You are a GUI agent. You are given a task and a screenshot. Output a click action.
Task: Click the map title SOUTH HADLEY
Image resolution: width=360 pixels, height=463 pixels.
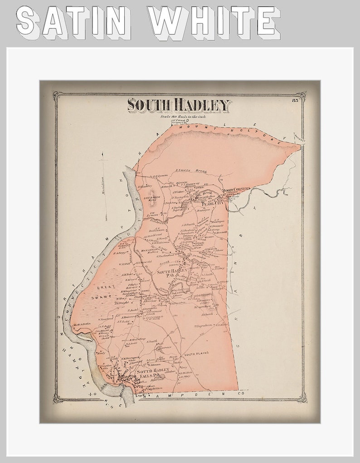(x=179, y=105)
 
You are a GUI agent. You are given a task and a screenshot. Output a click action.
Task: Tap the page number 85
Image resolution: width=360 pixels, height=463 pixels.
(x=296, y=100)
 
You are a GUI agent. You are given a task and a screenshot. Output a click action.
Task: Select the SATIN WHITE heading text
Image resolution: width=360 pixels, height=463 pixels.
(x=148, y=21)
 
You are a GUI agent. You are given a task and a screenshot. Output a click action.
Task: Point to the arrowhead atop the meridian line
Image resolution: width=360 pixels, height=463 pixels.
(x=104, y=154)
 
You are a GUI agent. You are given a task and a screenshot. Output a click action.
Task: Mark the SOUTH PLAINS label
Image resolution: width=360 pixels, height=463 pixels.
(x=195, y=353)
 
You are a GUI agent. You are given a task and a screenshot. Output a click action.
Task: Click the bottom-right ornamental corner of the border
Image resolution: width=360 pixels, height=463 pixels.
(x=302, y=399)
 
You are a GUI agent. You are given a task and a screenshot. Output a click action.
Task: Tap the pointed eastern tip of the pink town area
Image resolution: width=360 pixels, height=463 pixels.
(x=300, y=146)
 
